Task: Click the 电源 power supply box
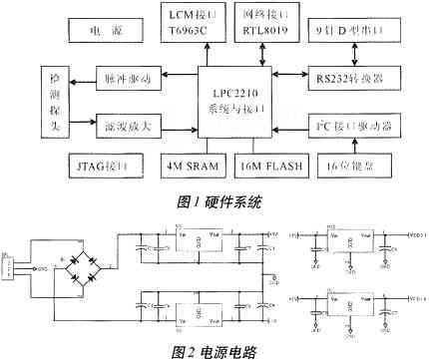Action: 99,31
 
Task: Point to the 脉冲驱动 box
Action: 99,76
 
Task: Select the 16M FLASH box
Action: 273,164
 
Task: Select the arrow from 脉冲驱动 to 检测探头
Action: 56,76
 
